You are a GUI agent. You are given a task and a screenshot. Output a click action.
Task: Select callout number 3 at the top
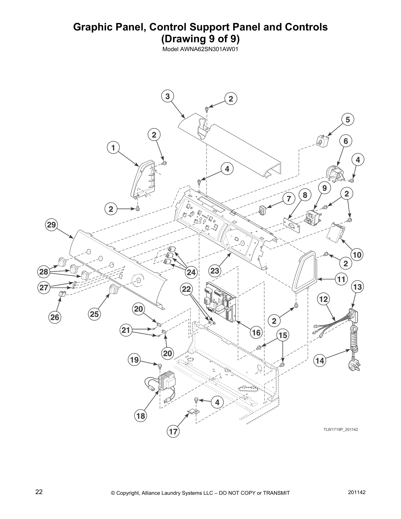168,96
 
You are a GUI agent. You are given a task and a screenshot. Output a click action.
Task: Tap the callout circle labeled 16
256,333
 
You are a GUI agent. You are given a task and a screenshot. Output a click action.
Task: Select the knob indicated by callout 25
113,290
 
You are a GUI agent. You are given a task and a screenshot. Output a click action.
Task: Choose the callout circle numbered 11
341,279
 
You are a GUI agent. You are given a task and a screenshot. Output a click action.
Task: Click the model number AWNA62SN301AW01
200,50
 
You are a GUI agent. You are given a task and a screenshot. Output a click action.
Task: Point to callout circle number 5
348,120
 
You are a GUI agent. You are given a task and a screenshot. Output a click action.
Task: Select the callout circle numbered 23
215,271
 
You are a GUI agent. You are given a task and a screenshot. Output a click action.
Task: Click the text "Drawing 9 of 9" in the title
200,39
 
